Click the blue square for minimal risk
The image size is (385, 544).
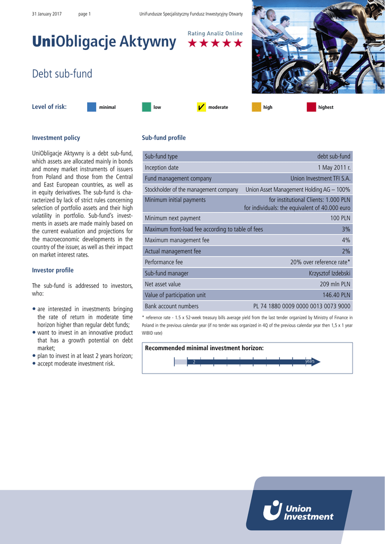click(91, 107)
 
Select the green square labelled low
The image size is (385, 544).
click(147, 107)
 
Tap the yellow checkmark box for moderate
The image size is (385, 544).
click(201, 107)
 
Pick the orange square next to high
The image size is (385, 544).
click(256, 107)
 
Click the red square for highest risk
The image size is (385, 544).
click(311, 107)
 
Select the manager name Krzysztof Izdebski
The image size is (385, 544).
click(330, 273)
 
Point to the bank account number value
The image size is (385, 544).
click(302, 306)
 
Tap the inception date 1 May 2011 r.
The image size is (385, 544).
click(334, 167)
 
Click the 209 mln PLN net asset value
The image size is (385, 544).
click(335, 284)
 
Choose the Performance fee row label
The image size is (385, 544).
click(164, 262)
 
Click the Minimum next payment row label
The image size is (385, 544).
click(173, 218)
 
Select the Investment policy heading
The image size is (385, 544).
click(56, 138)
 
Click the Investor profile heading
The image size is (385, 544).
click(53, 270)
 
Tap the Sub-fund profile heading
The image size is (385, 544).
click(164, 138)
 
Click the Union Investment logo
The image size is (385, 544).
click(298, 510)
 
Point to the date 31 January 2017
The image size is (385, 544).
click(47, 14)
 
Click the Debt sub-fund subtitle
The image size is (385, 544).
click(62, 74)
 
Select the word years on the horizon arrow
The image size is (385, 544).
click(310, 361)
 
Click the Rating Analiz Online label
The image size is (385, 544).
click(215, 33)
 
